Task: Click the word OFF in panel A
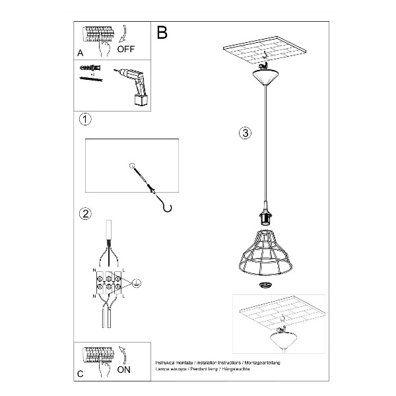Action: point(125,48)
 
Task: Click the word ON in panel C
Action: point(123,370)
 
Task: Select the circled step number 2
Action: point(84,213)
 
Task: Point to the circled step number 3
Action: point(244,133)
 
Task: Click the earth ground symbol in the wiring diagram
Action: point(135,283)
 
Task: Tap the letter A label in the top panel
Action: point(81,52)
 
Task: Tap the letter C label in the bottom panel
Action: point(80,374)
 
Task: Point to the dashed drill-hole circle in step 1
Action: point(132,166)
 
